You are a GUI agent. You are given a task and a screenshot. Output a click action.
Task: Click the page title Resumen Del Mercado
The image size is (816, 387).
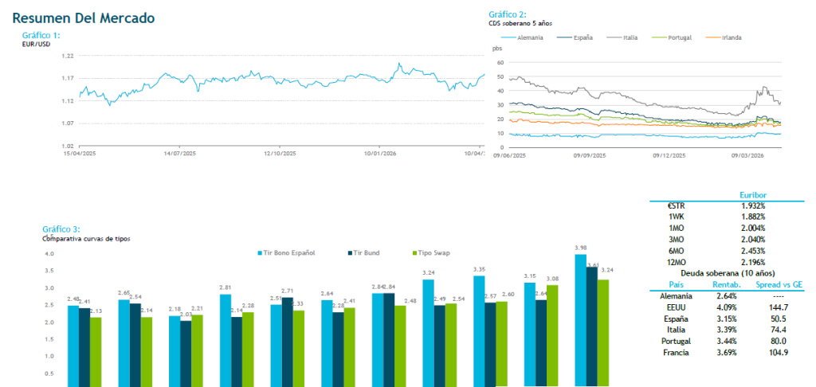[84, 18]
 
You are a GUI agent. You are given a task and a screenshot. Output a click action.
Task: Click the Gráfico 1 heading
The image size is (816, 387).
[41, 35]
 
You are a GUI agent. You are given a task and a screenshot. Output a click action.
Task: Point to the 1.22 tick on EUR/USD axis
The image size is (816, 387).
[68, 56]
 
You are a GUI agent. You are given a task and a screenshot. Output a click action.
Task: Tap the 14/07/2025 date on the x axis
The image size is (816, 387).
[179, 153]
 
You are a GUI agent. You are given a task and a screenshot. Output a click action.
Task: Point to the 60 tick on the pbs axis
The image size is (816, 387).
[500, 61]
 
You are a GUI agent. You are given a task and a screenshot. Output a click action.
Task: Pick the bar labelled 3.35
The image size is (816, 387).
[479, 330]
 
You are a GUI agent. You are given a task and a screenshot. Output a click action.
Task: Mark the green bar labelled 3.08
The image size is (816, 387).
[551, 335]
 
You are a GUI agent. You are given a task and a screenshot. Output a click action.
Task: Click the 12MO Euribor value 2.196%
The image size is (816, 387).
[753, 262]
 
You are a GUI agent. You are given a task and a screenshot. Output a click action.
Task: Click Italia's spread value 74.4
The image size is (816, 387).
[775, 329]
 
